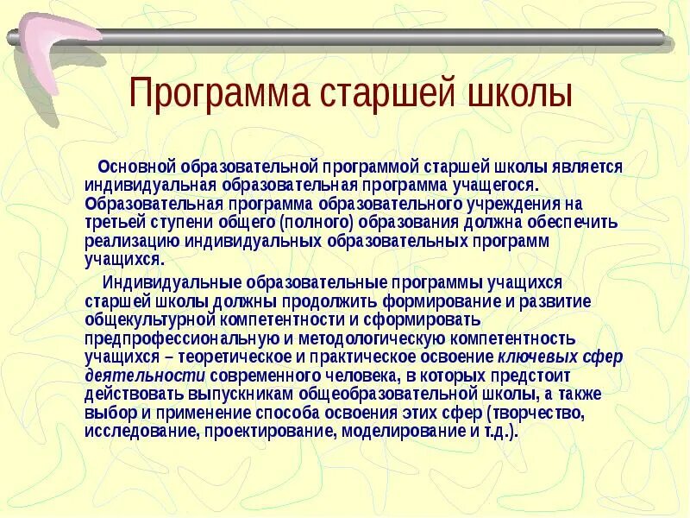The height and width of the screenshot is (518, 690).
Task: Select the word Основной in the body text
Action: pyautogui.click(x=136, y=166)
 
